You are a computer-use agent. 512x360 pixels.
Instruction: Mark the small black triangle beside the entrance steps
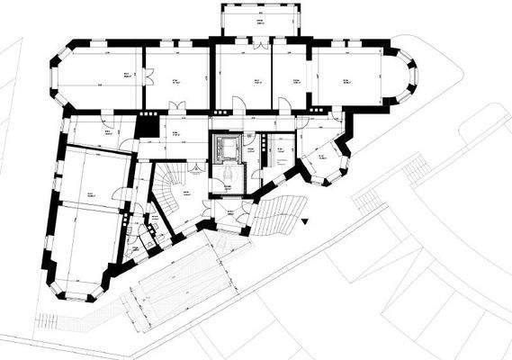(x=306, y=220)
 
